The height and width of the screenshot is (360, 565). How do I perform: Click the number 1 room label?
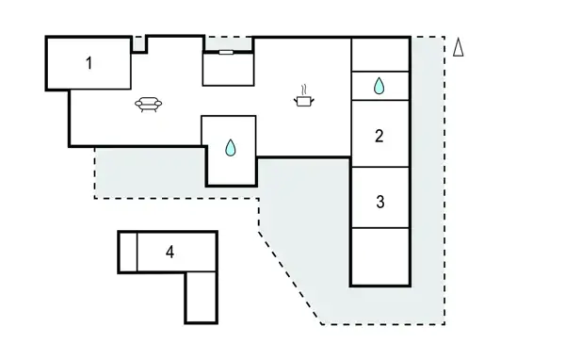point(89,63)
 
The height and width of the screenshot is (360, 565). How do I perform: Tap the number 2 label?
point(379,136)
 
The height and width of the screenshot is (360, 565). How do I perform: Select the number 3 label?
point(379,201)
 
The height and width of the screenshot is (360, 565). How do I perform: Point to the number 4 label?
point(169,252)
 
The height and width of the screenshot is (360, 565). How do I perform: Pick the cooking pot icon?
point(304,101)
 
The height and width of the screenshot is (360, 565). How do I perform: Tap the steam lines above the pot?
point(304,89)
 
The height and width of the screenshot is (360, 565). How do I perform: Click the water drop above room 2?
point(379,87)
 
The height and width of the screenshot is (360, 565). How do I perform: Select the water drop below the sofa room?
point(230,147)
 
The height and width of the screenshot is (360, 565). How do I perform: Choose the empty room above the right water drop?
point(379,55)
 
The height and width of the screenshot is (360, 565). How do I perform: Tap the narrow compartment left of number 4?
point(128,252)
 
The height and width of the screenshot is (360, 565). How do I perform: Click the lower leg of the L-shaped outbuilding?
point(201,296)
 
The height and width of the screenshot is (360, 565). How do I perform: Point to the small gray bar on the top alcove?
point(228,54)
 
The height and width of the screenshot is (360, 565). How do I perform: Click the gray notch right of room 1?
point(138,43)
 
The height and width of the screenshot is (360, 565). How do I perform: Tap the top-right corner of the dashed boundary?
point(444,38)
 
